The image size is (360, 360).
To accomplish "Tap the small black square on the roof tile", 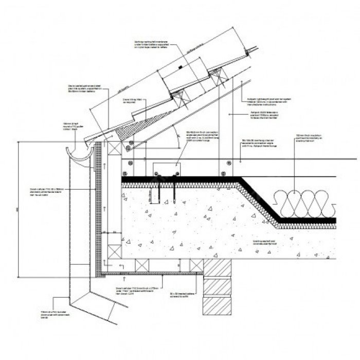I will tap(180, 67).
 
